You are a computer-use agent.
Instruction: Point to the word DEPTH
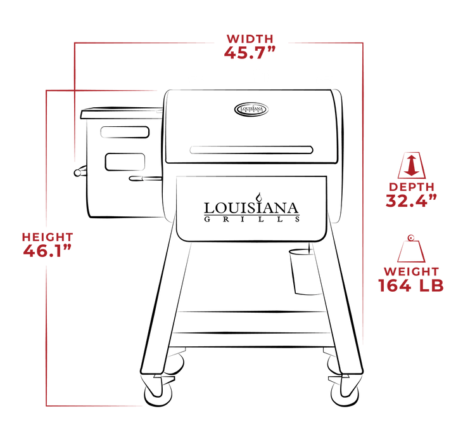412,186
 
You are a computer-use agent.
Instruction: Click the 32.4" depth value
412,201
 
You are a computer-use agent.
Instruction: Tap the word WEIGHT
410,272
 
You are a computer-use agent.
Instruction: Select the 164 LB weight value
410,286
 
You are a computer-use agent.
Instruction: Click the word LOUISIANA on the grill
251,208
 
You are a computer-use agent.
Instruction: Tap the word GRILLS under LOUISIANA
251,220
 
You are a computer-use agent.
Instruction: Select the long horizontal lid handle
251,150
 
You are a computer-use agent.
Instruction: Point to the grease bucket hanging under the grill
301,271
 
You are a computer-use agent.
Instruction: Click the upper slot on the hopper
124,133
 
